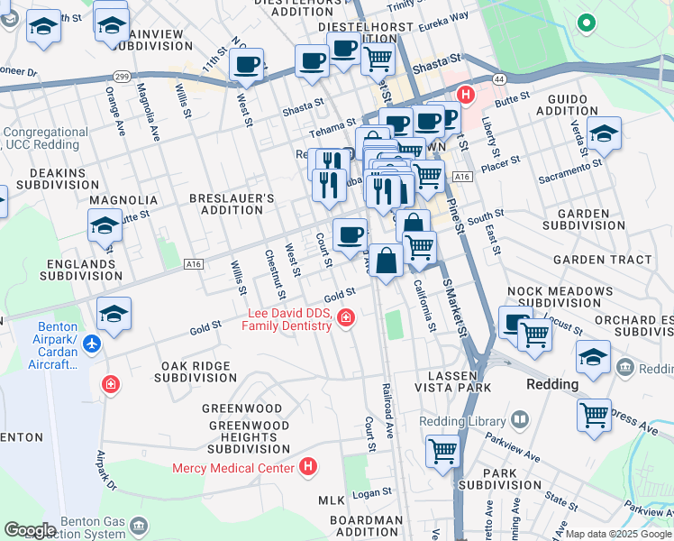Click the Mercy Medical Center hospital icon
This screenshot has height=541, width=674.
[x=308, y=467]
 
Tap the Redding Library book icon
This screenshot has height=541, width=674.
[x=520, y=420]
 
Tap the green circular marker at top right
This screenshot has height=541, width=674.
[x=587, y=23]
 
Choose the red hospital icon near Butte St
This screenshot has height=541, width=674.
[x=465, y=94]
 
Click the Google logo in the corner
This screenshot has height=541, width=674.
[x=30, y=530]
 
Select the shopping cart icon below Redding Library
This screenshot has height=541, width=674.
[x=442, y=449]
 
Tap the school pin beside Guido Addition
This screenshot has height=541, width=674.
[x=604, y=133]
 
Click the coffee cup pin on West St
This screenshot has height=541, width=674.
[x=246, y=64]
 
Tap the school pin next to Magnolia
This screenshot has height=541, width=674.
[x=105, y=225]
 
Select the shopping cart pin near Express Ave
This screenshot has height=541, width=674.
[x=594, y=416]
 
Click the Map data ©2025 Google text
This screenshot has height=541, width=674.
[x=618, y=534]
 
